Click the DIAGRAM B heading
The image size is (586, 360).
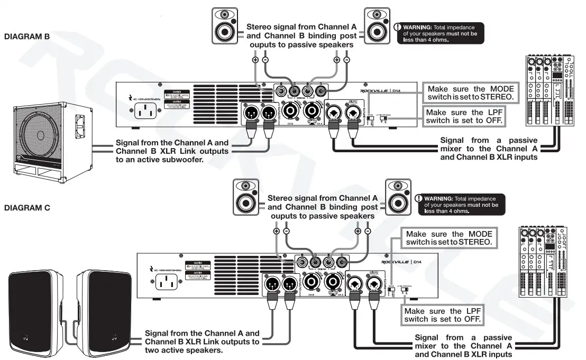click(x=26, y=37)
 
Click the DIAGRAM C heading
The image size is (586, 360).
click(x=27, y=208)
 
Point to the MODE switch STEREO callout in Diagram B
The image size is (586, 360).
click(x=470, y=94)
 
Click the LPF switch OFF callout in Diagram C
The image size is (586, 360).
click(x=443, y=316)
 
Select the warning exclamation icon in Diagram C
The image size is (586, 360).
click(x=419, y=199)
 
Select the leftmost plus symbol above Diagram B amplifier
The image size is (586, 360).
click(x=255, y=61)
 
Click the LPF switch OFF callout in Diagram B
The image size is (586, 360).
click(x=462, y=116)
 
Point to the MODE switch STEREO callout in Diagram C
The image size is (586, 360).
click(x=448, y=238)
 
